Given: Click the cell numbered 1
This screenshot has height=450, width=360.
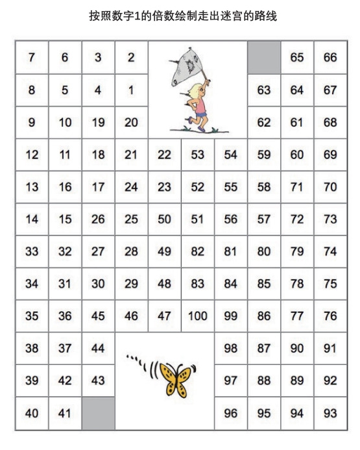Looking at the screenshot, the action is tap(131, 90).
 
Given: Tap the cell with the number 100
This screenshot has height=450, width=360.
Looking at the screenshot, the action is tap(198, 316).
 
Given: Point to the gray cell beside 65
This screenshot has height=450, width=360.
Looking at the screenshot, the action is tap(264, 57).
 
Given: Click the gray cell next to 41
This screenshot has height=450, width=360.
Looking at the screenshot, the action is tap(98, 414).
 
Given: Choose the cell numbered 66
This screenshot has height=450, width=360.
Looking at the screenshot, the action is tap(330, 57).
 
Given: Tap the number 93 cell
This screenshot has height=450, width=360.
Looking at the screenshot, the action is tap(330, 414).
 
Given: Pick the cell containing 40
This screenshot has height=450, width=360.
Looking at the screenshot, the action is tap(32, 414).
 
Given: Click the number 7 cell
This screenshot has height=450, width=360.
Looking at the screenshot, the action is tap(32, 57).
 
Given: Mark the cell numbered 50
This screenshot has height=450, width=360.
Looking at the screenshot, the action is tap(164, 219).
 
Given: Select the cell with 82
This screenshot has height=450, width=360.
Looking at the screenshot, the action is tap(198, 251).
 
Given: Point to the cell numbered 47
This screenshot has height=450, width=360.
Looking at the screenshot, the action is tap(164, 316).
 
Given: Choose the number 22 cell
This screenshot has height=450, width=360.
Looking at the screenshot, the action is tap(164, 155).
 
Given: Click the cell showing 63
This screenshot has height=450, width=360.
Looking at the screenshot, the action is tap(264, 90).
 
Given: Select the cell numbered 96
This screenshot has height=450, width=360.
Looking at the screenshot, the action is tap(231, 414).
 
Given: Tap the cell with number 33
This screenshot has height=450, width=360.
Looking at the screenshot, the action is tap(32, 251).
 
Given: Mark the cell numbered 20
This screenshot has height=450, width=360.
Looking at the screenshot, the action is tap(131, 122).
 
